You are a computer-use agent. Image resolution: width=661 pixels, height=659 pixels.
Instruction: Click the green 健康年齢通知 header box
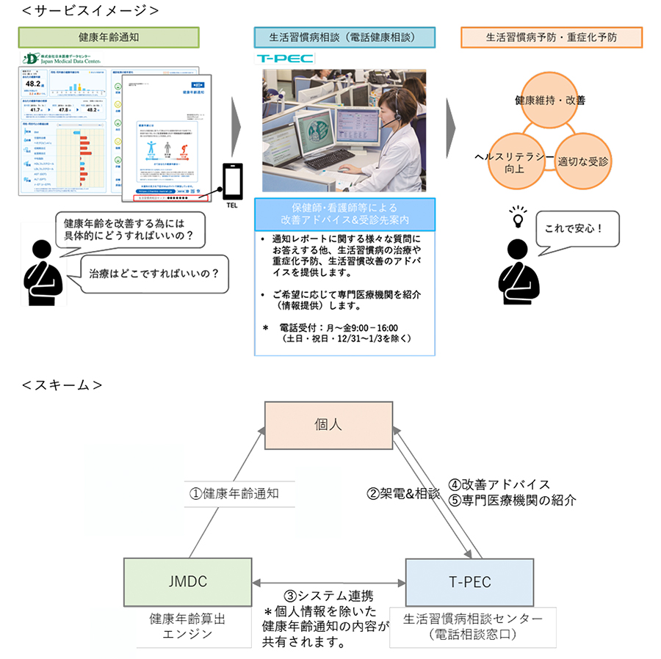tap(108, 37)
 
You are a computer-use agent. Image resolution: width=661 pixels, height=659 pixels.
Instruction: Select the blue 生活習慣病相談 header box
tap(344, 37)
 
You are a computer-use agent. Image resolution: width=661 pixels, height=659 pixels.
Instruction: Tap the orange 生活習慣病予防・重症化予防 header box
tap(552, 37)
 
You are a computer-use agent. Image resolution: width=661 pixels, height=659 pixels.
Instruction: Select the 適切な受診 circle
tap(584, 159)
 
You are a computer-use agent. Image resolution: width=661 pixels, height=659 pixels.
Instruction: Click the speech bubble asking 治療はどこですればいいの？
tap(153, 273)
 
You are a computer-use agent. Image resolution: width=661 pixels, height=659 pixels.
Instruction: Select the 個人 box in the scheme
tap(328, 425)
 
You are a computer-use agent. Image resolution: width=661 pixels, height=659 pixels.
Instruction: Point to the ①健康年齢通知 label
tap(234, 494)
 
